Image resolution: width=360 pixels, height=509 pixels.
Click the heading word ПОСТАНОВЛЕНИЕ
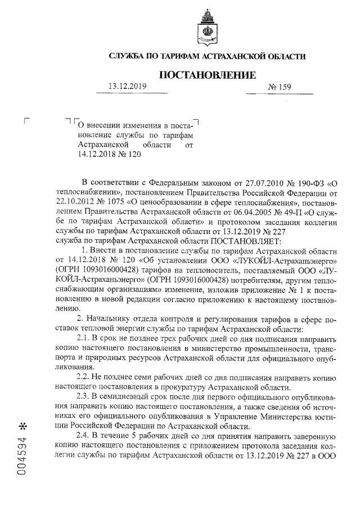tap(208, 75)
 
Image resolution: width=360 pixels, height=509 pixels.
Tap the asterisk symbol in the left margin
tap(22, 422)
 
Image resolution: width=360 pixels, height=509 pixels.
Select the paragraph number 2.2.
tap(83, 376)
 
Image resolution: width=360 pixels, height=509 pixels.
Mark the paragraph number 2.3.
tap(83, 396)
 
